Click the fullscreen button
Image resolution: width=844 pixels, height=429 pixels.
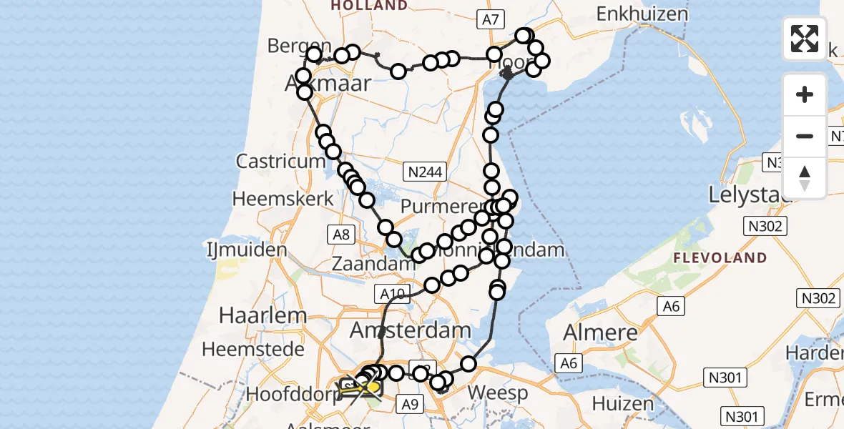click(805, 39)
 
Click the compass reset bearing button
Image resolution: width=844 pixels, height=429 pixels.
click(805, 178)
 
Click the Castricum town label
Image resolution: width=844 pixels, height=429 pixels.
click(281, 161)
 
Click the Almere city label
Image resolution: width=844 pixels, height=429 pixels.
click(601, 332)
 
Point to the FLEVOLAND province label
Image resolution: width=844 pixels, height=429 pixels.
click(722, 257)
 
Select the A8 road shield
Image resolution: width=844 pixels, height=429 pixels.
click(340, 232)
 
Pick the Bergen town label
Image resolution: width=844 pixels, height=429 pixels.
click(299, 46)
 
